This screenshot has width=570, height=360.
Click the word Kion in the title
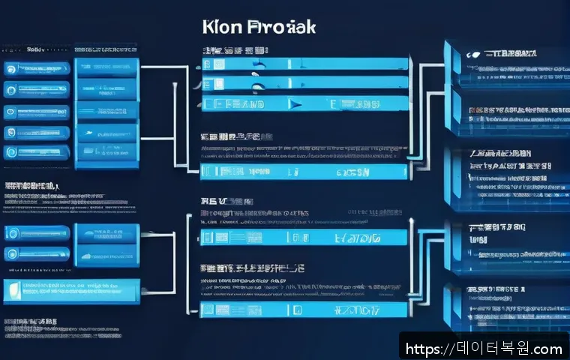[223, 27]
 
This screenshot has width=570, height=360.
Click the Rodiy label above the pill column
[35, 49]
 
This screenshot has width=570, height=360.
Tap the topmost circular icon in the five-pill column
[10, 67]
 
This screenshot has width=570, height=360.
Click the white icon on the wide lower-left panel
[13, 289]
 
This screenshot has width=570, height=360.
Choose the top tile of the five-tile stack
[107, 66]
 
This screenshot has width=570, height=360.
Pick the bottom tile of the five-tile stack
[107, 155]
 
